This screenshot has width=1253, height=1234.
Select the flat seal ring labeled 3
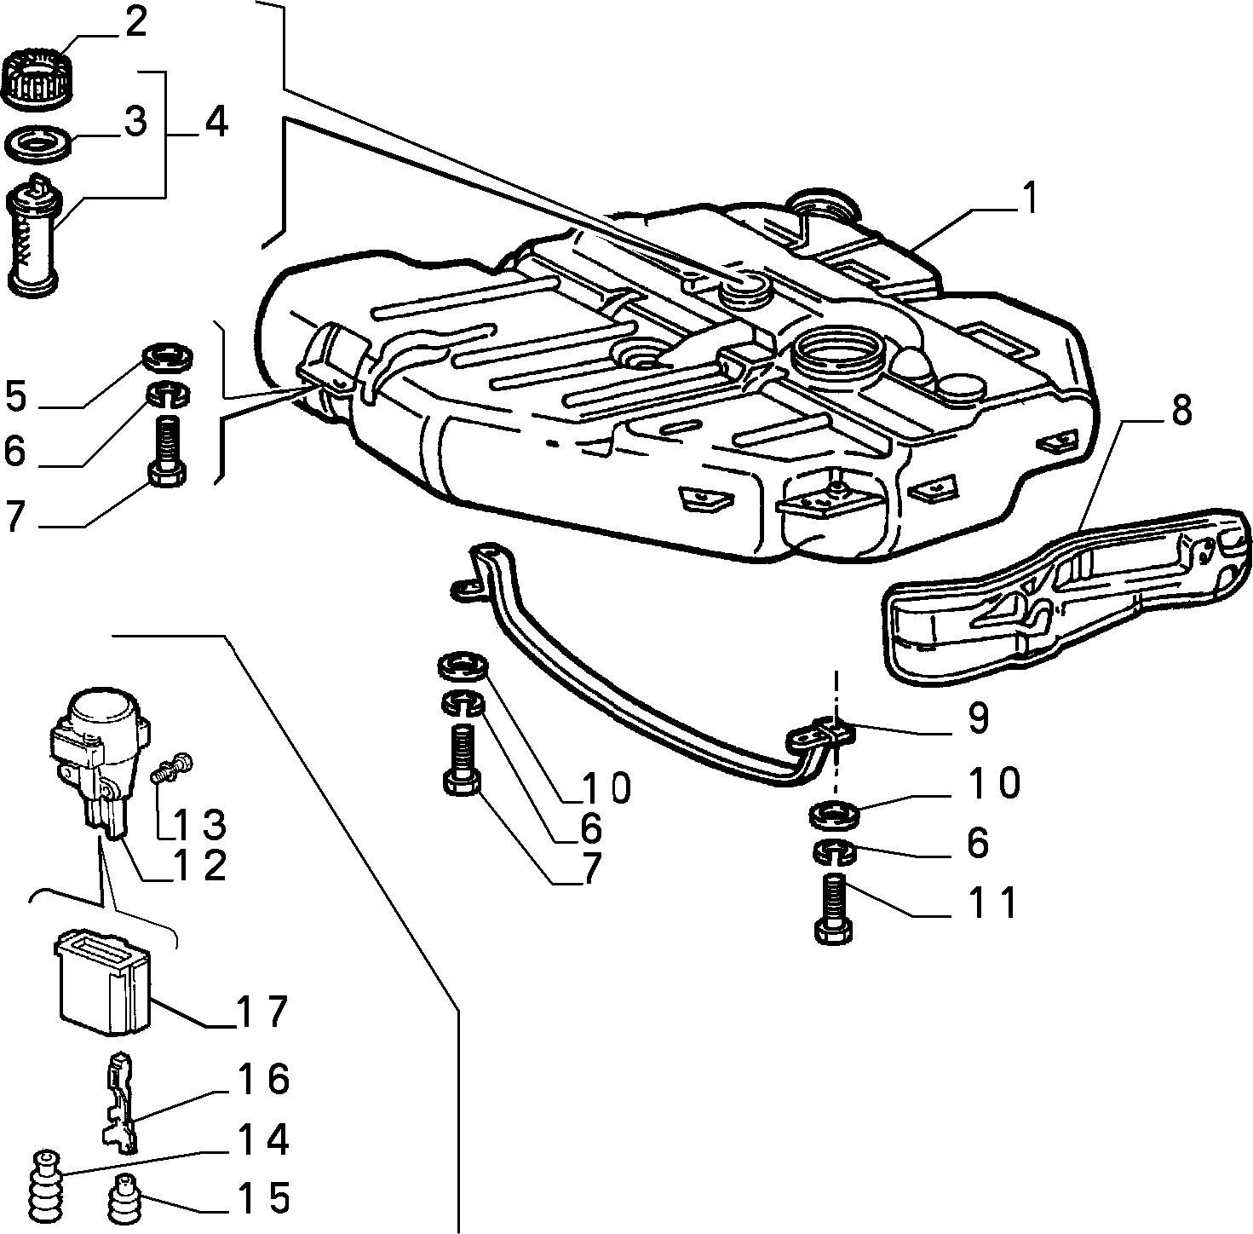(37, 144)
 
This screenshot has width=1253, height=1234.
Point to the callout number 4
(216, 123)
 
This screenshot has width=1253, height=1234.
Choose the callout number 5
(17, 396)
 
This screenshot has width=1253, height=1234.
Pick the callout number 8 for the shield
(1181, 409)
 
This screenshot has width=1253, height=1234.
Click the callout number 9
(978, 718)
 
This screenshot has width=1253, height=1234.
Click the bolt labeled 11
(835, 908)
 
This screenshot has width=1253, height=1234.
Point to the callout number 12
(198, 866)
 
